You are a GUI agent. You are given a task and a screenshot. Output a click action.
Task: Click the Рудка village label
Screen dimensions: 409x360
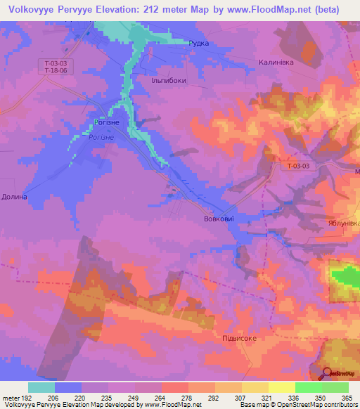click(x=199, y=43)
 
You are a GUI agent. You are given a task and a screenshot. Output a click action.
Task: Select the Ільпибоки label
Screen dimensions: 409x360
click(x=169, y=80)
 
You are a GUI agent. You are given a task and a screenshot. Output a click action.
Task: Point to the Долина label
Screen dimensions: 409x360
click(x=14, y=197)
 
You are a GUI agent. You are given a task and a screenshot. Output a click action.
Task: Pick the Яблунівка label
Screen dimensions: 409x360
click(x=344, y=223)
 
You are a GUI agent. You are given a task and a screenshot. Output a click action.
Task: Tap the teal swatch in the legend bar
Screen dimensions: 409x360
click(x=41, y=387)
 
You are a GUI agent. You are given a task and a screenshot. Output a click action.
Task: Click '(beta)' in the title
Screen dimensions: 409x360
click(x=325, y=9)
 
